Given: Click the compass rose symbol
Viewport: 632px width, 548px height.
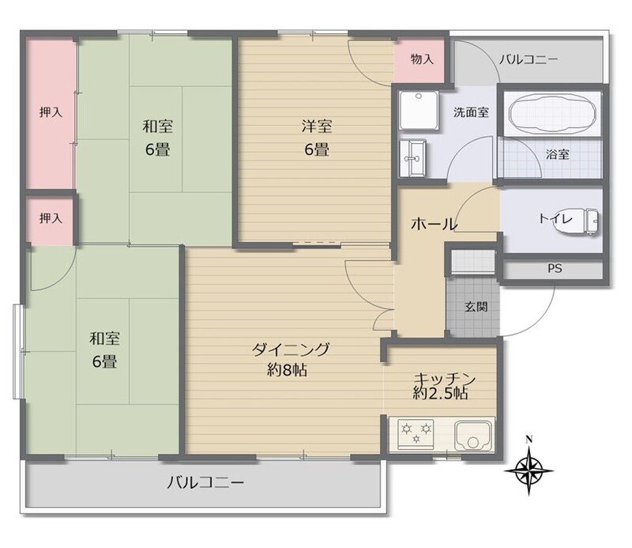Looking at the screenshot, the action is tap(529, 471).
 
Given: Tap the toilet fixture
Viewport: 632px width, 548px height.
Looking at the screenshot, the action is tap(579, 221).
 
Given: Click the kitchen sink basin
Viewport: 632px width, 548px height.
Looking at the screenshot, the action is tap(474, 436).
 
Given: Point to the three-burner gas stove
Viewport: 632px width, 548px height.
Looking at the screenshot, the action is tap(416, 434).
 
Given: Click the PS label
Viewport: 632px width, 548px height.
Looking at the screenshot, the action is tap(555, 268).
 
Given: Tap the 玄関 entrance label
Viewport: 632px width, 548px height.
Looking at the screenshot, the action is tap(476, 307).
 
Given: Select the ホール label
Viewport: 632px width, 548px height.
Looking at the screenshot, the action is tap(434, 223).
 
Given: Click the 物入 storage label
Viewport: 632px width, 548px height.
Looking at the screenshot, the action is tap(422, 59).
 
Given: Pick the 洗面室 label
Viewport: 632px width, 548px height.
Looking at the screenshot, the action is tap(471, 111).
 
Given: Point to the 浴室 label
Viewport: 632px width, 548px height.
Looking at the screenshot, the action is tap(558, 153).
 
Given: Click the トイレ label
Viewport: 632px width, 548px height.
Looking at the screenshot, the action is tap(555, 218).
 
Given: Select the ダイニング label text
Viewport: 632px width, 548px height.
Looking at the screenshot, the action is tap(291, 349).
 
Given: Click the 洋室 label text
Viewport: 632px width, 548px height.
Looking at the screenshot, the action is tap(317, 127).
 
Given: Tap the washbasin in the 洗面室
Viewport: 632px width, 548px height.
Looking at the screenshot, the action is tap(412, 159).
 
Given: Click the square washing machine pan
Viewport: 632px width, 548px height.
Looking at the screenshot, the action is tap(419, 111).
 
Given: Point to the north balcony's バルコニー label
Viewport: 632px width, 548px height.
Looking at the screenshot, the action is tap(529, 60).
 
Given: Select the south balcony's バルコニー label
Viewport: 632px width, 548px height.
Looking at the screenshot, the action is tap(205, 482).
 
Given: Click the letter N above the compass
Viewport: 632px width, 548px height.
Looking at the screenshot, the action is tap(529, 439).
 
